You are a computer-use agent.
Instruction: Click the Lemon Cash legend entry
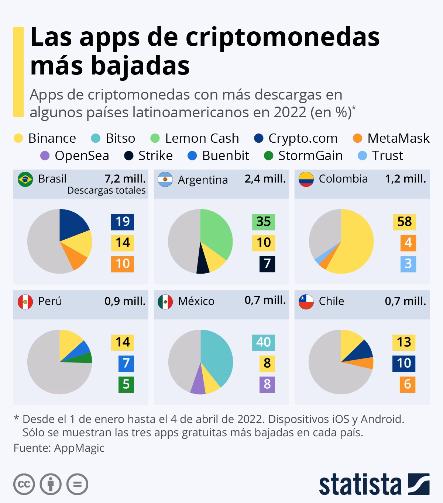(x=195, y=138)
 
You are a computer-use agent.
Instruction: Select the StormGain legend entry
(x=303, y=156)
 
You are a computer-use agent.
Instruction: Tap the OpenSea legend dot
(x=45, y=156)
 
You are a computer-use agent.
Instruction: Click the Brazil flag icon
(x=25, y=179)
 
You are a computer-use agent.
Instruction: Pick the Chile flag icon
(x=306, y=301)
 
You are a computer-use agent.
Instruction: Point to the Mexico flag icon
(x=165, y=302)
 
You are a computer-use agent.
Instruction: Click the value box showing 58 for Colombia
(x=404, y=222)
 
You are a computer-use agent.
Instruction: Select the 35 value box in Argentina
(x=264, y=222)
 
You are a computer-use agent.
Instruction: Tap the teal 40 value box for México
(x=264, y=342)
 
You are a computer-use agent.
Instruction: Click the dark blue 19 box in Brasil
(x=123, y=222)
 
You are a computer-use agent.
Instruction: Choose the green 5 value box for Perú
(x=126, y=384)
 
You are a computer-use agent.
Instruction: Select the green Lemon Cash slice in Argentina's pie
(x=216, y=232)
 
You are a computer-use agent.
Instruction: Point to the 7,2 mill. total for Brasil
(x=125, y=179)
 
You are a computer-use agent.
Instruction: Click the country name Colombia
(x=343, y=179)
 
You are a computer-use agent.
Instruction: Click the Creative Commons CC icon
(x=24, y=484)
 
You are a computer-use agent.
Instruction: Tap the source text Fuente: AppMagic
(x=59, y=448)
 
